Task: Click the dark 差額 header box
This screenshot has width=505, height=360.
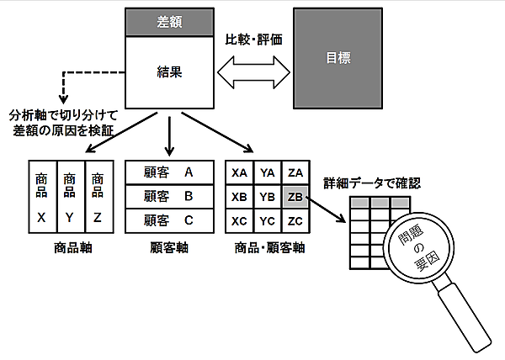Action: pyautogui.click(x=168, y=22)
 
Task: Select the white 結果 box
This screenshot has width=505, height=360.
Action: pyautogui.click(x=168, y=71)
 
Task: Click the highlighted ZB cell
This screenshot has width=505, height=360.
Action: pyautogui.click(x=295, y=198)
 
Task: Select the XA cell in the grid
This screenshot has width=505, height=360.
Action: pyautogui.click(x=239, y=173)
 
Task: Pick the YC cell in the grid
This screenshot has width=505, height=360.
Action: pyautogui.click(x=267, y=221)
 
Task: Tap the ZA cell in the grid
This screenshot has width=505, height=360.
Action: pyautogui.click(x=295, y=173)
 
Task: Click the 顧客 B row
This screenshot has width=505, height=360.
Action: pyautogui.click(x=168, y=197)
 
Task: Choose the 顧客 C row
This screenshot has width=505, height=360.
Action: pyautogui.click(x=168, y=221)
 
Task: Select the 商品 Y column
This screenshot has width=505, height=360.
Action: pyautogui.click(x=70, y=197)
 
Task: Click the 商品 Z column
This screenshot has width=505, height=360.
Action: pyautogui.click(x=98, y=197)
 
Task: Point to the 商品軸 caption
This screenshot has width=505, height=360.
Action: pyautogui.click(x=70, y=249)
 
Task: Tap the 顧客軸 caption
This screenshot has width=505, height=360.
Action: pyautogui.click(x=168, y=249)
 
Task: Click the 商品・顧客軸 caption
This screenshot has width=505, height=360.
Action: pyautogui.click(x=267, y=249)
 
